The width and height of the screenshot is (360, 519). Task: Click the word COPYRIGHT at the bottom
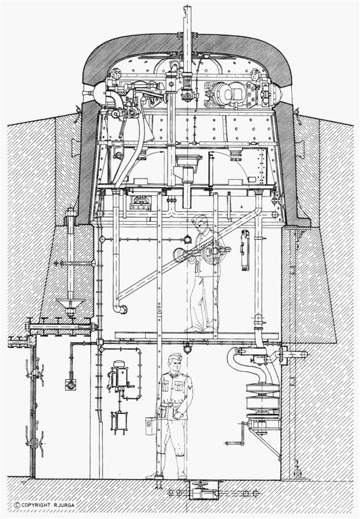tap(36, 505)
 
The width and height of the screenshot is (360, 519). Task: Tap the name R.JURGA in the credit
tap(63, 505)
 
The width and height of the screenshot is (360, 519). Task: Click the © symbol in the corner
tap(17, 505)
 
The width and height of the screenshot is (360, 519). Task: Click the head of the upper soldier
tap(201, 223)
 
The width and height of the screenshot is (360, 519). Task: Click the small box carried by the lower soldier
tap(151, 426)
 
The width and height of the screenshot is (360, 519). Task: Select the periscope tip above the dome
tap(187, 14)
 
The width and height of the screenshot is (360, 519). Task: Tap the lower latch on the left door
tap(34, 439)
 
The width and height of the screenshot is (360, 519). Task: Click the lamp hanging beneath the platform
tap(187, 349)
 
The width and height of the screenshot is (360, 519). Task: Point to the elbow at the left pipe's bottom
tap(120, 309)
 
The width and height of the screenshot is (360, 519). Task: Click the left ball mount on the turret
tap(97, 93)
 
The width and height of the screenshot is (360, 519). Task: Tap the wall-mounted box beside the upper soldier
tap(245, 250)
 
